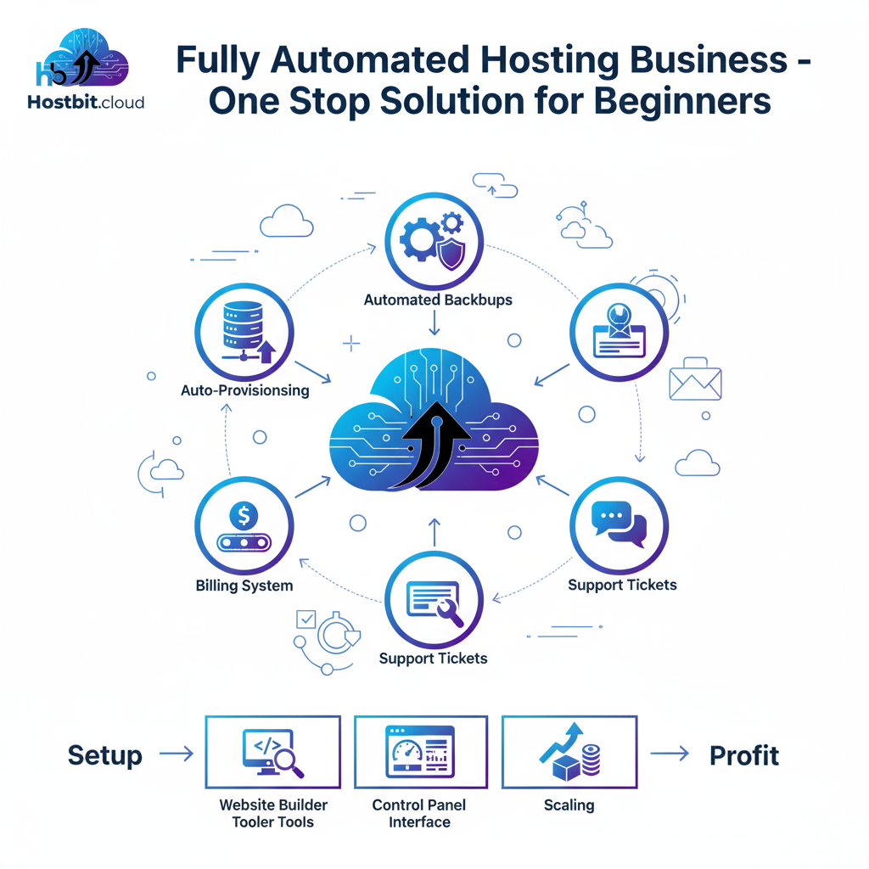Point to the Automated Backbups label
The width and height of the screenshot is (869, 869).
438,300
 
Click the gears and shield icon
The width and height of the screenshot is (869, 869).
434,240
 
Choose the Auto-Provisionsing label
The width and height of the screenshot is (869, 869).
244,391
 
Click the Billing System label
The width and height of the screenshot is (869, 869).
244,586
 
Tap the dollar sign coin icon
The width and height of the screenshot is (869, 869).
244,514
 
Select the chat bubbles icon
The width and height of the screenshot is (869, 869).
619,524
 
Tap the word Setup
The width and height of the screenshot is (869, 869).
105,754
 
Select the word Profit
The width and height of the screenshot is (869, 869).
744,754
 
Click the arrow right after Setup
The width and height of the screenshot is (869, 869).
177,754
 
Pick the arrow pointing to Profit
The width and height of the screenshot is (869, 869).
670,754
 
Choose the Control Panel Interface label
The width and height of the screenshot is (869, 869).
419,813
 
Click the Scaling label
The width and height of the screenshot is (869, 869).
569,805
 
